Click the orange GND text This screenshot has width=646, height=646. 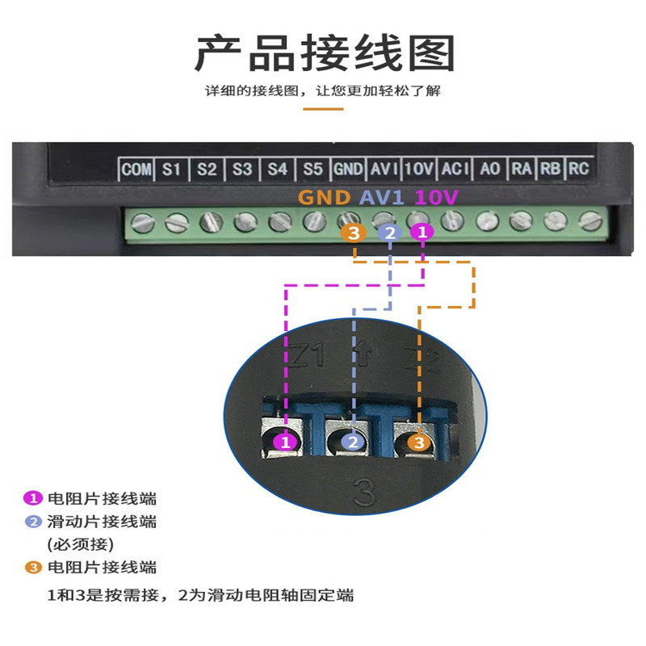tap(324, 197)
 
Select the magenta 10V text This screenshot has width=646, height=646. tap(436, 197)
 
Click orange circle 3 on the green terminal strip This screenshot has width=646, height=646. tap(353, 233)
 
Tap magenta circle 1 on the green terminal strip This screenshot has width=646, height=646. tap(421, 233)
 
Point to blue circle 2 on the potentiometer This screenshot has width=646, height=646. tap(352, 442)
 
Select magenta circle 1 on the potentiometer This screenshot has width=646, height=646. tap(283, 442)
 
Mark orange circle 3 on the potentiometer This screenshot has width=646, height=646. tap(417, 442)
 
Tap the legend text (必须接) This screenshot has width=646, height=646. tap(81, 543)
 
